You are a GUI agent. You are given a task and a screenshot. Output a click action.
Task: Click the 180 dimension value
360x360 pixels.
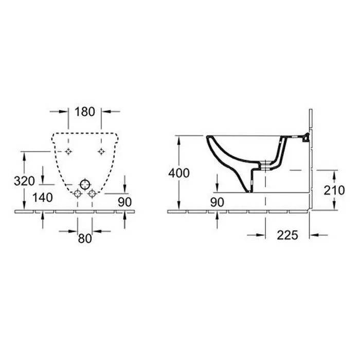[85, 112]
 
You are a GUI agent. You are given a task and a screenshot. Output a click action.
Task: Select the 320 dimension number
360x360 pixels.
[24, 181]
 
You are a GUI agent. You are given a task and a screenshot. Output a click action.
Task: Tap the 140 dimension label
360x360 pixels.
[43, 197]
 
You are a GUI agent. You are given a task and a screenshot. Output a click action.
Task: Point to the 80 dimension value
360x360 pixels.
[85, 238]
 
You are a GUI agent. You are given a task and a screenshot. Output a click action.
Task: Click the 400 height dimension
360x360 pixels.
[179, 173]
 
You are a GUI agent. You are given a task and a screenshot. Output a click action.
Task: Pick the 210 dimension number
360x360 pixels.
[334, 190]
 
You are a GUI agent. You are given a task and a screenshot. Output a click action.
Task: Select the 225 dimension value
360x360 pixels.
[287, 235]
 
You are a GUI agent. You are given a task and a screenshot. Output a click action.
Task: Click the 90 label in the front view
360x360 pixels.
[124, 202]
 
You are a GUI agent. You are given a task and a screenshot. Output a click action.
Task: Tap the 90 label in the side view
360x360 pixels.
[217, 202]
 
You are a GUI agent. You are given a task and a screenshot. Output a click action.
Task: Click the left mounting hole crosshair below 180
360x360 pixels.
[68, 152]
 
